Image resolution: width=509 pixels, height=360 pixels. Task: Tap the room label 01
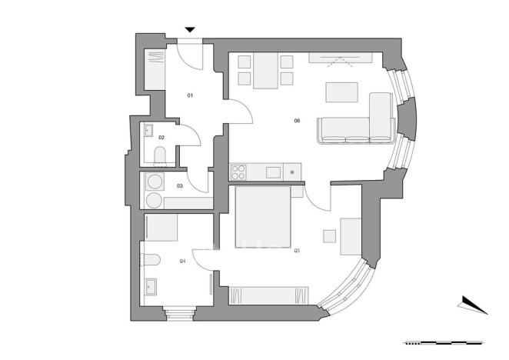point(190,95)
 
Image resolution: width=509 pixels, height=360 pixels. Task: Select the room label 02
point(161,138)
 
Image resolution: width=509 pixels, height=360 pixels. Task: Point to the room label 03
point(180,185)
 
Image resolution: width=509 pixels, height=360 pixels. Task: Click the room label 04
point(182,262)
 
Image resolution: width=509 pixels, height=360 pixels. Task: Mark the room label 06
point(297,120)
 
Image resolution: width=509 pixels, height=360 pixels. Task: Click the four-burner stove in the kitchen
point(239,172)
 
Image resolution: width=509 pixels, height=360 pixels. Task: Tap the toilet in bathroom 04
point(149,260)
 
